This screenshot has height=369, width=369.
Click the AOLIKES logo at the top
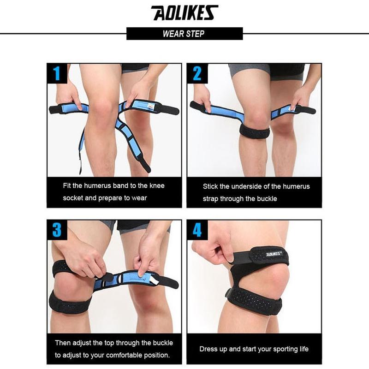(184, 13)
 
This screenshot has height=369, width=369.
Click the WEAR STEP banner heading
(184, 34)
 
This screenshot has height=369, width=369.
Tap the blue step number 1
(57, 73)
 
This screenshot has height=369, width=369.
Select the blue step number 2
(197, 73)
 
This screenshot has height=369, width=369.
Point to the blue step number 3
(57, 230)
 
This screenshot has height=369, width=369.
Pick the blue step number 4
(197, 230)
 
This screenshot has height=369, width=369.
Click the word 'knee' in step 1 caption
(157, 186)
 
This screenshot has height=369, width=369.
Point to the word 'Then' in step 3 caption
(63, 343)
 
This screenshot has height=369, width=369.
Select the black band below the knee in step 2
(254, 131)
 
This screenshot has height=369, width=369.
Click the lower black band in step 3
(70, 303)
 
